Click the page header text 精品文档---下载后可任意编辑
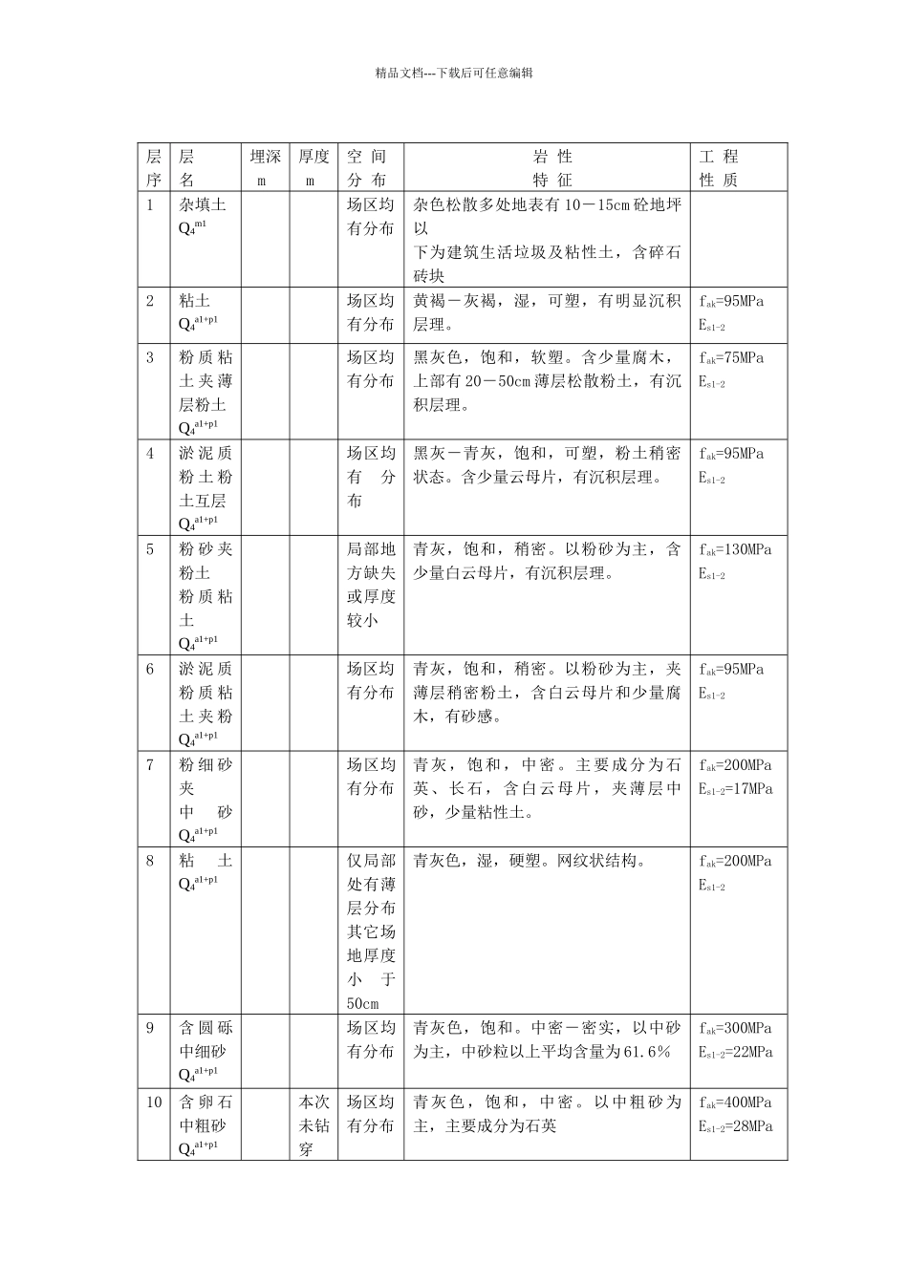pyautogui.click(x=454, y=73)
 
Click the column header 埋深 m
pyautogui.click(x=265, y=167)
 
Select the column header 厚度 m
pyautogui.click(x=313, y=167)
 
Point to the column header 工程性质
pyautogui.click(x=719, y=167)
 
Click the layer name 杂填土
pyautogui.click(x=203, y=205)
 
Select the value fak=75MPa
pyautogui.click(x=731, y=358)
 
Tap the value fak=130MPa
pyautogui.click(x=735, y=549)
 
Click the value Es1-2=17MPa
pyautogui.click(x=735, y=789)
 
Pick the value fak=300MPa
pyautogui.click(x=735, y=1029)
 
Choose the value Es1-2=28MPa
pyautogui.click(x=735, y=1126)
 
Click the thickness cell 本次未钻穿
pyautogui.click(x=313, y=1125)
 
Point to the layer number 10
pyautogui.click(x=154, y=1102)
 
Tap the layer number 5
pyautogui.click(x=150, y=549)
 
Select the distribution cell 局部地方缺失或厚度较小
pyautogui.click(x=371, y=585)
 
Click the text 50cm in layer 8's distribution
pyautogui.click(x=363, y=1004)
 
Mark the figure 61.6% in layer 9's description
pyautogui.click(x=648, y=1052)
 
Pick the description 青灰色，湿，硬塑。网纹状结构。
pyautogui.click(x=530, y=861)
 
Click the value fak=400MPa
pyautogui.click(x=735, y=1102)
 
